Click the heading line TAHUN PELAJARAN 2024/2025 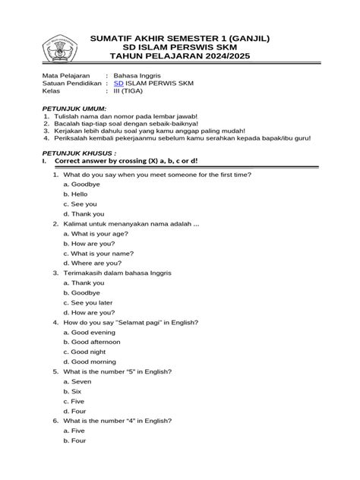point(179,56)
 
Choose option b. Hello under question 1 point(76,194)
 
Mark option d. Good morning point(90,362)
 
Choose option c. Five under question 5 point(75,401)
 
